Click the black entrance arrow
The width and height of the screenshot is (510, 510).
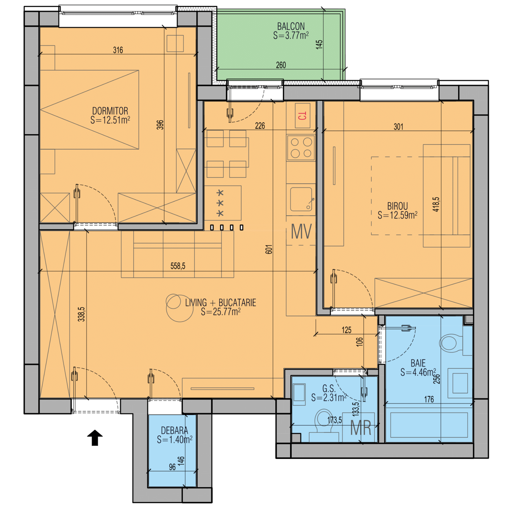coord(95,438)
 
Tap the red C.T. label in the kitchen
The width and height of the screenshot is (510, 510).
coord(302,116)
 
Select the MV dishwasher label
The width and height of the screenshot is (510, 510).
coord(301,231)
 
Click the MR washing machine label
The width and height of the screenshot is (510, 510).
coord(361,428)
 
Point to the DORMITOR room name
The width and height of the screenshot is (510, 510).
coord(110,111)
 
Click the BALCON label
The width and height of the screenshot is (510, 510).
coord(291,26)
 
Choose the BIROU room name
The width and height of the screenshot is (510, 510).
coord(397,206)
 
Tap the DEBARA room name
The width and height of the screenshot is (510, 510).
coord(174,430)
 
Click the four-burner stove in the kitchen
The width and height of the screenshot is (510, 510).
coord(301,147)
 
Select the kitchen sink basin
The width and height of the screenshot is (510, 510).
coord(301,199)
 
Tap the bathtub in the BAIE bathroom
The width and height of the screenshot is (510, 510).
coord(429,425)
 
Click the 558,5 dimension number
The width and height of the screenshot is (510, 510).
coord(178,266)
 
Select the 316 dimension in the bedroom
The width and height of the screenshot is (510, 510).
coord(118,50)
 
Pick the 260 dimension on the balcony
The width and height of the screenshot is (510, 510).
coord(281,65)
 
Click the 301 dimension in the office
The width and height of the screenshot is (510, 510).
coord(398,127)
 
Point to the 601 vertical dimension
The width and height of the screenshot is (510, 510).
coord(269,249)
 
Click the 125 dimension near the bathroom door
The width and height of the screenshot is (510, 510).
coord(346,330)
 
